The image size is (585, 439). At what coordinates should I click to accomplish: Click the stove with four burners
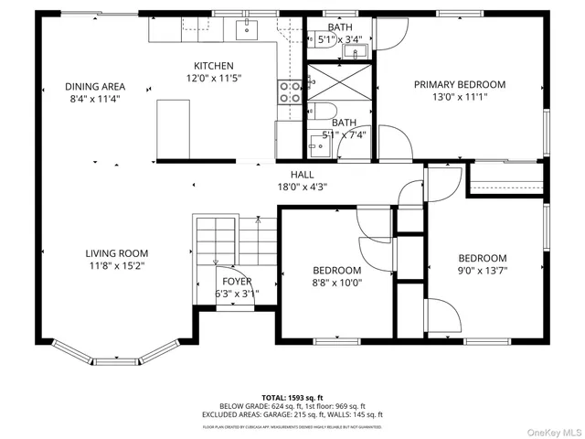[291, 91]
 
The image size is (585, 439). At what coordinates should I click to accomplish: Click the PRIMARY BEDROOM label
[459, 84]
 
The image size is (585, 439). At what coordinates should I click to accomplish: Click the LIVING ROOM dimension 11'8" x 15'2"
[117, 265]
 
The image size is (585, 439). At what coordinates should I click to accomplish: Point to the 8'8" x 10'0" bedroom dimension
[336, 283]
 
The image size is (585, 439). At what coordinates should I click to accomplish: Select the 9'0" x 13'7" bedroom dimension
[482, 271]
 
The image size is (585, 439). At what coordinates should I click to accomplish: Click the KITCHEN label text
[213, 66]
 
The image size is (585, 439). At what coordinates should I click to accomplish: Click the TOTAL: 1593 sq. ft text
[292, 398]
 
